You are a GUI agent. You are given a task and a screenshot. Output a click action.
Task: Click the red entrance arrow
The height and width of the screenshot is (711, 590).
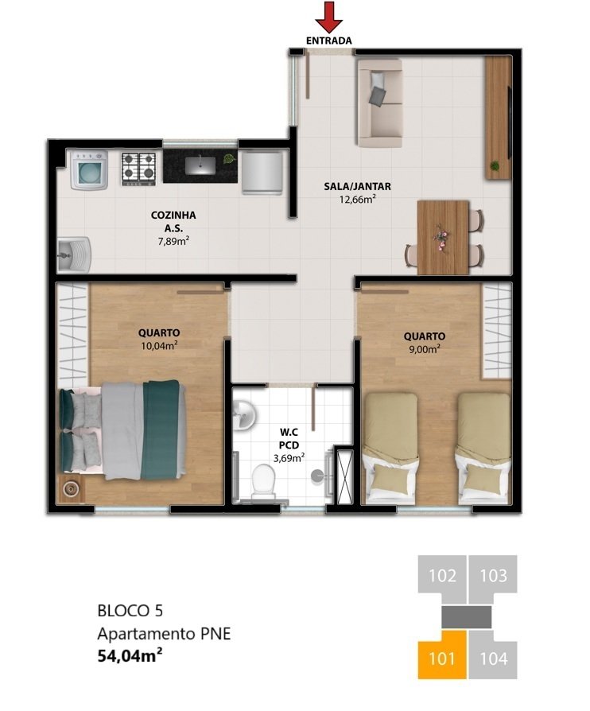(x=328, y=17)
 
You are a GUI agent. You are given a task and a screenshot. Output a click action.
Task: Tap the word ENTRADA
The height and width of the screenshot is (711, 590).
(x=328, y=40)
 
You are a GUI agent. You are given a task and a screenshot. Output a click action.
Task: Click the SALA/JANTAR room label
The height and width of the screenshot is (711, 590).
(x=357, y=187)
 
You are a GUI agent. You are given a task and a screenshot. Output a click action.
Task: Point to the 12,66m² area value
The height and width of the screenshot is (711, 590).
(x=357, y=200)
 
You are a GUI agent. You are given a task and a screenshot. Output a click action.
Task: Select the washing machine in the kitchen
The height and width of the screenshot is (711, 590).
(x=89, y=171)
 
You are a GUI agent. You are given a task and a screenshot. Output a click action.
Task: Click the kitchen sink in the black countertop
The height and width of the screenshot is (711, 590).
(x=200, y=165)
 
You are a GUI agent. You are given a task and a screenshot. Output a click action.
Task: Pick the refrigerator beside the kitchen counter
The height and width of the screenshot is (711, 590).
(x=262, y=172)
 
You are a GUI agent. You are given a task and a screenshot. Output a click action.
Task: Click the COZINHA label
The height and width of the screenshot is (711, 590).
(x=173, y=215)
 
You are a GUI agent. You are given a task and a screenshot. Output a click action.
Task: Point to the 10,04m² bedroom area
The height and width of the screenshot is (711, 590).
(x=158, y=345)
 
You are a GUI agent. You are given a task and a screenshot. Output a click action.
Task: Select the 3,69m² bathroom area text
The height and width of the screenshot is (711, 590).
(x=289, y=458)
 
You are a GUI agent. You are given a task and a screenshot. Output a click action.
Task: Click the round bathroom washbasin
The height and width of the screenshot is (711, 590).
(x=245, y=414)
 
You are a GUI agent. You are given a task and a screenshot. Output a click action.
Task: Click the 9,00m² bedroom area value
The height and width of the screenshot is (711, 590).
(x=424, y=348)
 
